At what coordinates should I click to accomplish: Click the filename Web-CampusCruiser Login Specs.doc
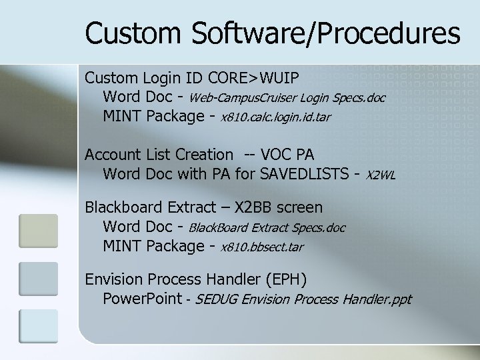[287, 98]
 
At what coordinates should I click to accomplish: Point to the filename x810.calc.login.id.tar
[275, 117]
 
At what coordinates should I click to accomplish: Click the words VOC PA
[289, 155]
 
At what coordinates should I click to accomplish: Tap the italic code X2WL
[381, 175]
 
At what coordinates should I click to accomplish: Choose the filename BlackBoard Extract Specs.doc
[267, 228]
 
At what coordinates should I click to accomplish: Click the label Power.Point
[142, 298]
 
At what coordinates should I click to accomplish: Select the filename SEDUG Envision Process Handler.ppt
[304, 299]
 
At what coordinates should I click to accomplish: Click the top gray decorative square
[38, 230]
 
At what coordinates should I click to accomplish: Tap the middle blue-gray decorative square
[38, 278]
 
